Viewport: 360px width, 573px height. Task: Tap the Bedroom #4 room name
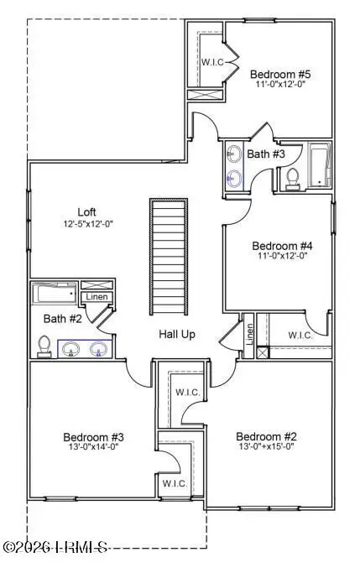[283, 246]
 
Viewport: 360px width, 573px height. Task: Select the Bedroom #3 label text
[94, 436]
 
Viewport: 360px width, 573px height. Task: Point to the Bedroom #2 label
[267, 436]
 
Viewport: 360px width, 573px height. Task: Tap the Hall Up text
[177, 334]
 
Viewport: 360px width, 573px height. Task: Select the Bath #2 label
[60, 318]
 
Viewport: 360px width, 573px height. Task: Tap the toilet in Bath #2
[44, 346]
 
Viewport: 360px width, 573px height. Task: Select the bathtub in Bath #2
[55, 293]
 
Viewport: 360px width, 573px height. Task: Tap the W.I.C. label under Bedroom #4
[300, 336]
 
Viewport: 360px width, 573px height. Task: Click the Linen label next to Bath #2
[94, 298]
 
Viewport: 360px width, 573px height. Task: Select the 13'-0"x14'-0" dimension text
[94, 449]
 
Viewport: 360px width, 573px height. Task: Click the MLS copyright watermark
[55, 548]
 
